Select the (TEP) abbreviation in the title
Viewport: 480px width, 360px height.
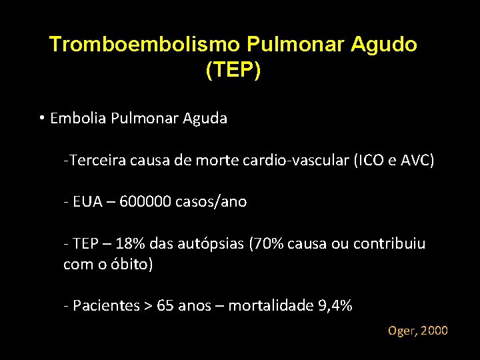tap(233, 70)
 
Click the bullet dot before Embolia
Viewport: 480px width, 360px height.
tap(41, 119)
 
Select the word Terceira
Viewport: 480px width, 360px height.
tap(95, 161)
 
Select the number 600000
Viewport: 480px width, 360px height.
tap(143, 202)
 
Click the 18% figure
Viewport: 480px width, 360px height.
tap(138, 244)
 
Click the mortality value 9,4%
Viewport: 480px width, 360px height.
tap(335, 306)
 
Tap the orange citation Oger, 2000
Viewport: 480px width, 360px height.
tap(418, 331)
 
